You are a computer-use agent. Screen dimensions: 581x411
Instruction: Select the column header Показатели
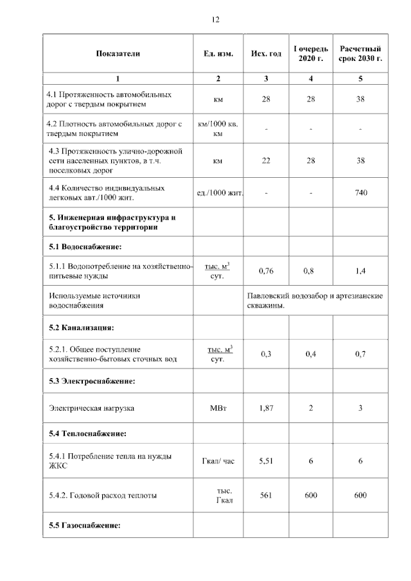(118, 53)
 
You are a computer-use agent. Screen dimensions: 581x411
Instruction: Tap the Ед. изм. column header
(218, 53)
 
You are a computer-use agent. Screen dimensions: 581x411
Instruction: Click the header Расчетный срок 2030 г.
(360, 53)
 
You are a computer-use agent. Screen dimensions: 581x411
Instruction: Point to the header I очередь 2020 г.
(311, 53)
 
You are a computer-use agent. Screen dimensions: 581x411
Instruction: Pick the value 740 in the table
(360, 192)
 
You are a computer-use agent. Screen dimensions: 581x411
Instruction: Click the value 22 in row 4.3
(266, 160)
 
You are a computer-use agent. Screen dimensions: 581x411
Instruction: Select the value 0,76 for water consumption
(266, 271)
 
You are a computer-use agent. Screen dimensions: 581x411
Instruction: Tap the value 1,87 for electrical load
(266, 408)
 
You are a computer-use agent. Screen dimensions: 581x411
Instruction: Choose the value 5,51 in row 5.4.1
(266, 461)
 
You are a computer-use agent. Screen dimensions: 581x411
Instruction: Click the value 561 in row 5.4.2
(266, 495)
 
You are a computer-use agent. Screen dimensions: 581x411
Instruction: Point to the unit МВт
(218, 408)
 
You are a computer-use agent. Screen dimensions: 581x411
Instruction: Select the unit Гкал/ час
(218, 461)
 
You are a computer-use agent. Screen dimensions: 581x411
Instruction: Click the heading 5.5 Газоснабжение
(85, 526)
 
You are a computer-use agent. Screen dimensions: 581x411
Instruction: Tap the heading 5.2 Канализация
(81, 327)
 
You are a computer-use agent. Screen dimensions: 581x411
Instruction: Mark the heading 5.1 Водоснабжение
(85, 247)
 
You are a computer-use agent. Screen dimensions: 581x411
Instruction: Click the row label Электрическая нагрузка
(92, 408)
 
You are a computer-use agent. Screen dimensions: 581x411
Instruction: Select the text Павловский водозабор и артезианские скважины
(315, 300)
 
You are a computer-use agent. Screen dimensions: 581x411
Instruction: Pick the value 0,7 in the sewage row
(360, 354)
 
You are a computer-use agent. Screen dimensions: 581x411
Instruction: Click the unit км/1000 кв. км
(218, 128)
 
